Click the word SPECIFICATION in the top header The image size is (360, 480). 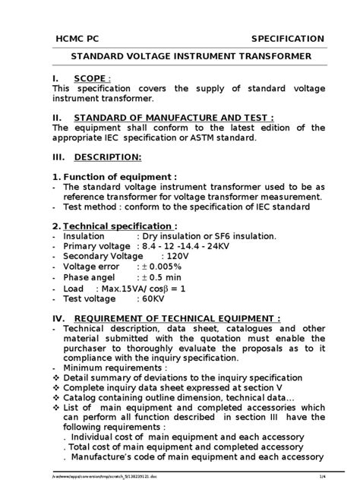pos(288,39)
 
